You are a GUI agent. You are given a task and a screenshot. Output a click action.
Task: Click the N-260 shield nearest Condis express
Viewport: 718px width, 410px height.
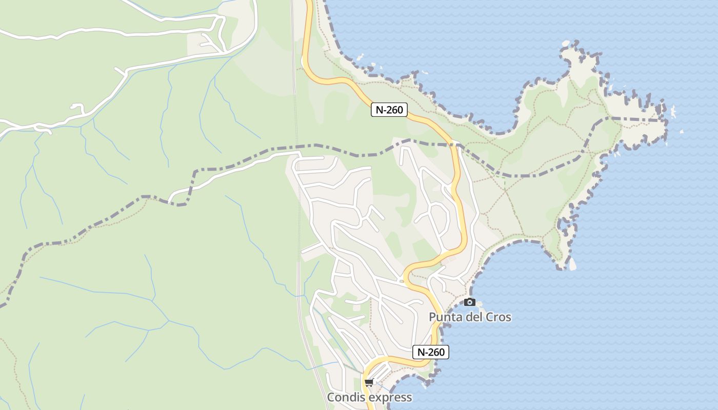point(431,352)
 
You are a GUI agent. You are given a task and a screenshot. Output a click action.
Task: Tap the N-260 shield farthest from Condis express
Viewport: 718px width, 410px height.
point(389,109)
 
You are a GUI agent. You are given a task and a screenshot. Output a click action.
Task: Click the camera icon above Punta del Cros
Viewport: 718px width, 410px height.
point(469,302)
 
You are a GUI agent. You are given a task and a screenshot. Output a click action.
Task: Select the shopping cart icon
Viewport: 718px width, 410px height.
point(369,382)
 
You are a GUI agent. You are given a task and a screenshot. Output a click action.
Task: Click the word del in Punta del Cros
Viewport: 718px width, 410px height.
point(476,317)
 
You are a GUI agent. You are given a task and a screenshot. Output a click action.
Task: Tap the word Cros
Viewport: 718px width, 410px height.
point(500,317)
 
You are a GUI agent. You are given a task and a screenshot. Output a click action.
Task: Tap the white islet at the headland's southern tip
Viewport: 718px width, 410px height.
point(572,264)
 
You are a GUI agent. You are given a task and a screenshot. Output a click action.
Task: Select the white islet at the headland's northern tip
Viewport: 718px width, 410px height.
point(566,44)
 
